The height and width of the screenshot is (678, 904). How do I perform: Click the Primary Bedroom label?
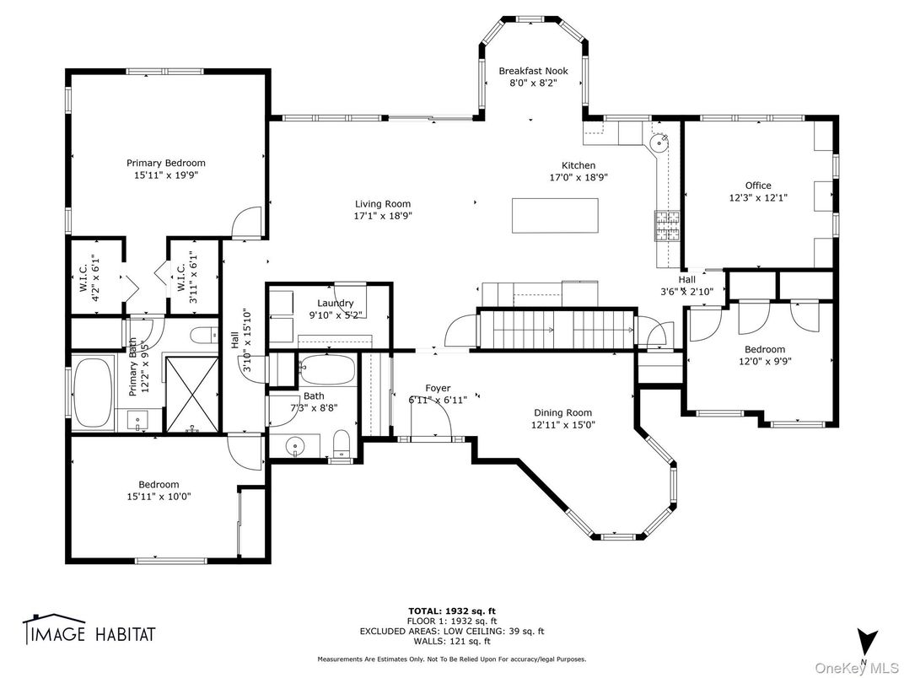point(165,163)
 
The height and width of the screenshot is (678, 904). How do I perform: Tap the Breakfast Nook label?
point(533,71)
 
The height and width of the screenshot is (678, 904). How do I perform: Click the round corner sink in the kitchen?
point(659,143)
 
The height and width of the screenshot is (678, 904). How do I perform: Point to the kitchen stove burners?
point(668,225)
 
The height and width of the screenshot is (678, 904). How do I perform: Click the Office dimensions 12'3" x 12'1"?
point(757,197)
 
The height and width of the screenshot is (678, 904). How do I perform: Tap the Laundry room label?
point(335,303)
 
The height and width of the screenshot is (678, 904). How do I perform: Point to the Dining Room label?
point(562,412)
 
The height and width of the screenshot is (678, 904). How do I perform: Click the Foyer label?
point(438,388)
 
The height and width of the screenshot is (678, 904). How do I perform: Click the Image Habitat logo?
point(89,632)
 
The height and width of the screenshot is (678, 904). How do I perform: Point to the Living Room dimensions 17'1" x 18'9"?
point(383,215)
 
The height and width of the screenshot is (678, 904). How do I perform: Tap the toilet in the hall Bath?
point(342,444)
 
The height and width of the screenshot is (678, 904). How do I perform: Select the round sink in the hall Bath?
point(294,444)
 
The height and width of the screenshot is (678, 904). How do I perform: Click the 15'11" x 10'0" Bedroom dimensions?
point(159,497)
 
